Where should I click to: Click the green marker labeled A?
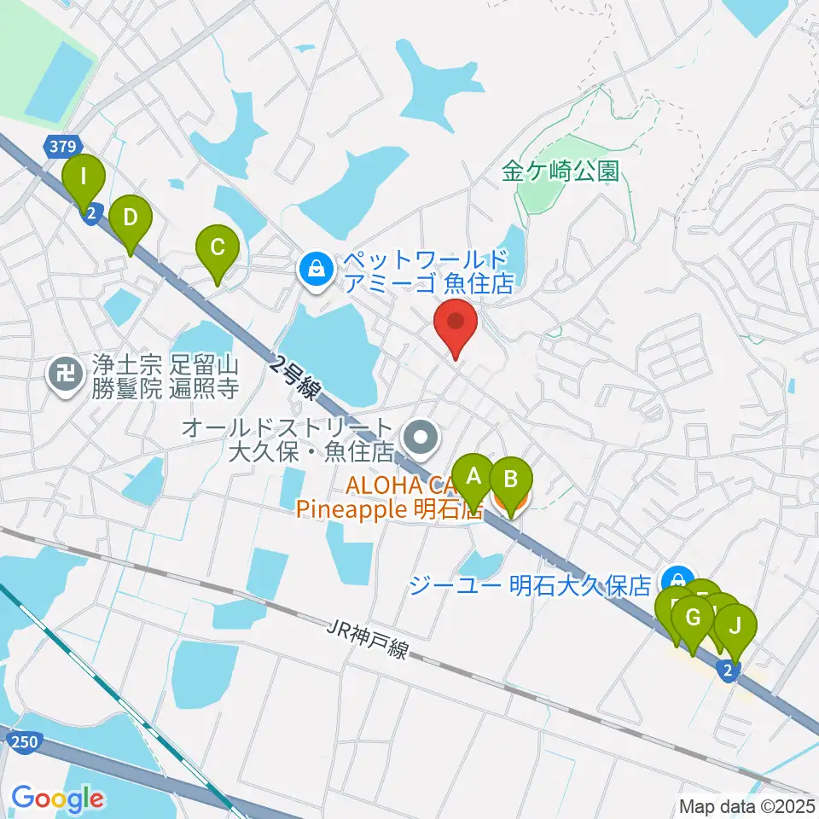pyautogui.click(x=473, y=476)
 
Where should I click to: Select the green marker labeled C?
pyautogui.click(x=217, y=248)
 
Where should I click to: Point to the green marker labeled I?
pyautogui.click(x=84, y=178)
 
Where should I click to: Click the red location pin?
pyautogui.click(x=456, y=324)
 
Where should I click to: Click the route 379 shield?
pyautogui.click(x=61, y=147)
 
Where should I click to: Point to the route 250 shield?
pyautogui.click(x=25, y=742)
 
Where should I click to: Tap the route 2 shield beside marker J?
pyautogui.click(x=726, y=671)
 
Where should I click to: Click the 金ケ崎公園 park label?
pyautogui.click(x=560, y=171)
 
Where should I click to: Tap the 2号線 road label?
pyautogui.click(x=294, y=376)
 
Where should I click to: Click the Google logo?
pyautogui.click(x=57, y=798)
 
